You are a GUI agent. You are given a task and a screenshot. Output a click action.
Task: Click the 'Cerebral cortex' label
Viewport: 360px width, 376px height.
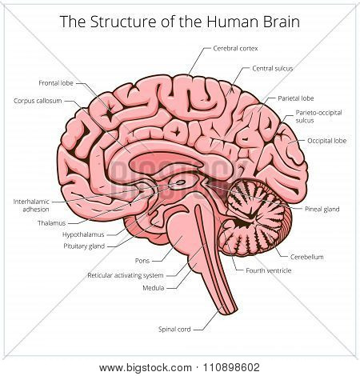[x=235, y=49]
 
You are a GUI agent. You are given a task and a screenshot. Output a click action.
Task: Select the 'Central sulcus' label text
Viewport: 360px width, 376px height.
[x=273, y=69]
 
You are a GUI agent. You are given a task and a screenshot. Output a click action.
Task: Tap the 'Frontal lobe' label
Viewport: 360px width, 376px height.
[x=56, y=83]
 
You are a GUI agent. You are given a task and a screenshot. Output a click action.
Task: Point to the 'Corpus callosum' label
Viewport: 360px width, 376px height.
[x=38, y=101]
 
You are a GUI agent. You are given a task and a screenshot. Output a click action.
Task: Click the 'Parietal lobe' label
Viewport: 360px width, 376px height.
[x=296, y=98]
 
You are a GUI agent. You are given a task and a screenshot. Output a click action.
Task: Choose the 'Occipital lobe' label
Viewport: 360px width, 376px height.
[x=326, y=141]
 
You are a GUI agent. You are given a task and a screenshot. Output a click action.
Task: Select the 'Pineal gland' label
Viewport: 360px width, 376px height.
[x=322, y=209]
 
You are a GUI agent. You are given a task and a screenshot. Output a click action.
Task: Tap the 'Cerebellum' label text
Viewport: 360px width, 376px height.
[x=306, y=257]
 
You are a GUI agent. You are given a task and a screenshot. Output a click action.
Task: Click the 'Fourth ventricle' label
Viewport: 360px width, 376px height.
[x=269, y=270]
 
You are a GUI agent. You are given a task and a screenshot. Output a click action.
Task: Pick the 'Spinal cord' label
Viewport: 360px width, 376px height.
[x=174, y=330]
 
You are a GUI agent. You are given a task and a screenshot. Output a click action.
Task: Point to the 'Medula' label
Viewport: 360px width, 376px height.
[x=154, y=288]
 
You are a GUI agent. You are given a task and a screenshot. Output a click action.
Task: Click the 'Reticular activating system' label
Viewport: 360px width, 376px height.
[x=126, y=275]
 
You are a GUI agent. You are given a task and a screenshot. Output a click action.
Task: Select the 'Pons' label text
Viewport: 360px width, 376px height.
[x=142, y=261]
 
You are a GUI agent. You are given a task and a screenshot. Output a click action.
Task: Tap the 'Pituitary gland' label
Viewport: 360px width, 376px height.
[x=84, y=246]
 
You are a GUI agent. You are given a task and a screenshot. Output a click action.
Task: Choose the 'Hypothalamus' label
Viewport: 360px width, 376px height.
[x=83, y=234]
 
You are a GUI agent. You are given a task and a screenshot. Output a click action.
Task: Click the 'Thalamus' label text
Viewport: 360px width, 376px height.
[x=51, y=223]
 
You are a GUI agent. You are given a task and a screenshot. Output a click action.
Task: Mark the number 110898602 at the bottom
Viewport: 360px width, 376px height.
[x=231, y=367]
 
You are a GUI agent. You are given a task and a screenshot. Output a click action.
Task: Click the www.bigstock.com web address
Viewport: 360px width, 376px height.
[x=146, y=368]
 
